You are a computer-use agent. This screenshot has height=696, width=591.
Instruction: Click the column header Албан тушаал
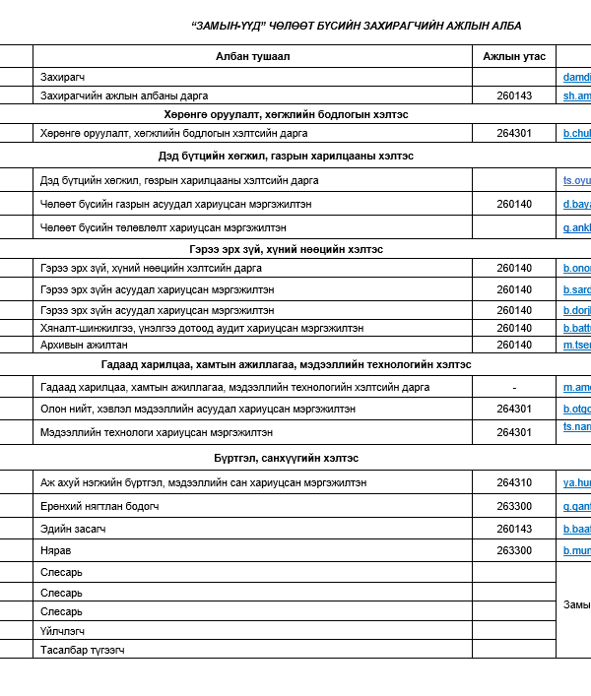(252, 56)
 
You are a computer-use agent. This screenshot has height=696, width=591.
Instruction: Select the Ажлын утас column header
(513, 56)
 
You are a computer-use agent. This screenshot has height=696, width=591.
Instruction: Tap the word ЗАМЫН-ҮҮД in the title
(226, 25)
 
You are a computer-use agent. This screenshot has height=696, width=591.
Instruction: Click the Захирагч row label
(63, 77)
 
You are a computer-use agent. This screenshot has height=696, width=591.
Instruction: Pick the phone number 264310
(514, 483)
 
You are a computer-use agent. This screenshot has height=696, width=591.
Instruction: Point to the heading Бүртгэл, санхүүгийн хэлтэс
(286, 459)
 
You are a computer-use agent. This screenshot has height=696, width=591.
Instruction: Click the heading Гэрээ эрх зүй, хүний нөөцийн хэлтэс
(286, 249)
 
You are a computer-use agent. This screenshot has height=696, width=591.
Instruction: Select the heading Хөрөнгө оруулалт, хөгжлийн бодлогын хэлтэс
(286, 114)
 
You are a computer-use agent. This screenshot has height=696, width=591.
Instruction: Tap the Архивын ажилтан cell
(84, 345)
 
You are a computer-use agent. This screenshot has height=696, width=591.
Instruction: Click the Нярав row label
(56, 550)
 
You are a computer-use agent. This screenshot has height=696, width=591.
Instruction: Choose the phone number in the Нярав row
(514, 550)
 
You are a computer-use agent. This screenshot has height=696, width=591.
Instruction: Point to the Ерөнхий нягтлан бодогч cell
(99, 506)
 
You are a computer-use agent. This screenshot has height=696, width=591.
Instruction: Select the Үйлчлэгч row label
(63, 631)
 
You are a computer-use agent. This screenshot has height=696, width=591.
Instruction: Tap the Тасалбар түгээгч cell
(83, 650)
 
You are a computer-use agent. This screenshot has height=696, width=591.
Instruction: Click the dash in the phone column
(514, 388)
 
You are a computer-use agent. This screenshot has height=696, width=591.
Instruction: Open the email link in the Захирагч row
(576, 77)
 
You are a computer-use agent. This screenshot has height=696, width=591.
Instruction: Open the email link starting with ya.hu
(576, 483)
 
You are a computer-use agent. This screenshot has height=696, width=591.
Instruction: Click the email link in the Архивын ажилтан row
(576, 345)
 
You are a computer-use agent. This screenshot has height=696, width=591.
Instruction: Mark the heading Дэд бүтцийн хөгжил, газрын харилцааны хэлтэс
(286, 156)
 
